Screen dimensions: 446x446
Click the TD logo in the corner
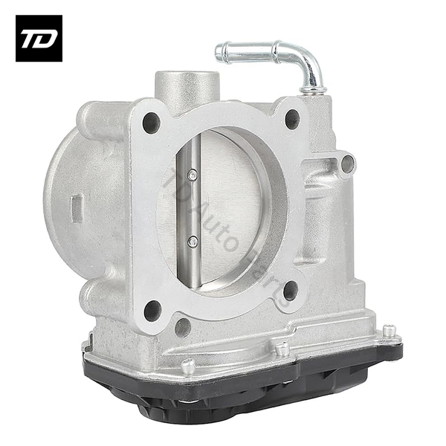39,38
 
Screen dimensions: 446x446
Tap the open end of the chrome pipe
220,52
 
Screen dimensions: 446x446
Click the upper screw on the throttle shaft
192,175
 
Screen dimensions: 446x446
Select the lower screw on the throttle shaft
193,241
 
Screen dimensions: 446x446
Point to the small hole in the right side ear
347,164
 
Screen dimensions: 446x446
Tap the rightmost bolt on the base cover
387,330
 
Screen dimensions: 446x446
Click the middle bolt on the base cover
282,348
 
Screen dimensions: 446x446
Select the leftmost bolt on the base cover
189,366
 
